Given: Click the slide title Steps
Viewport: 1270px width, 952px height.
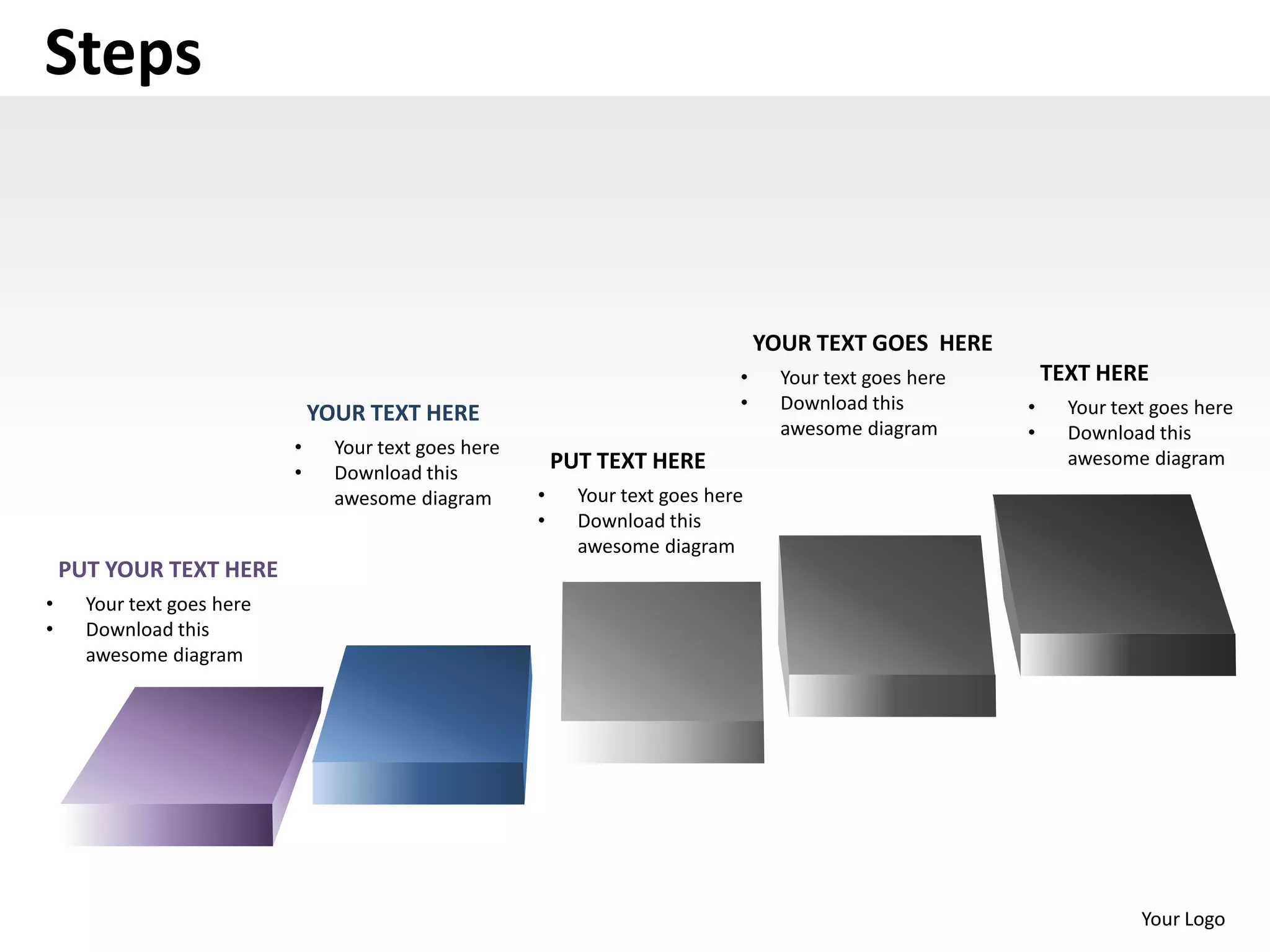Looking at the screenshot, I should point(123,53).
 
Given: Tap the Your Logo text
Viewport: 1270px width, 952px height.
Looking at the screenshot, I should point(1183,919).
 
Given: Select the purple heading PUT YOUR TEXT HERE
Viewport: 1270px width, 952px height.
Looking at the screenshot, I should point(167,569).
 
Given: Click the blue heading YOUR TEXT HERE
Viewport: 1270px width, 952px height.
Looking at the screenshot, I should point(393,413).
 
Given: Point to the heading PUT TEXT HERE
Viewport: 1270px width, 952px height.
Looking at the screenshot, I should point(628,461).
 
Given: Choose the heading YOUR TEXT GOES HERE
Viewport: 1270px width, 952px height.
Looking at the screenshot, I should point(872,343).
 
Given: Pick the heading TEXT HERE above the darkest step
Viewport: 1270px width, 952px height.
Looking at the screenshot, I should point(1094,373).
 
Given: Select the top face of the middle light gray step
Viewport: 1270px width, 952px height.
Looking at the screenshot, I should point(662,651).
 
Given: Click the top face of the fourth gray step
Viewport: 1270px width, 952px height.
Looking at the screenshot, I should point(886,604).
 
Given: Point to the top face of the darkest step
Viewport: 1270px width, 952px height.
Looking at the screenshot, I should point(1110,564).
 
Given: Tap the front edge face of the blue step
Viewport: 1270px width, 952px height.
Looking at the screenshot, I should point(419,783).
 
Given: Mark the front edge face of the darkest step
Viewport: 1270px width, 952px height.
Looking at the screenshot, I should point(1127,654).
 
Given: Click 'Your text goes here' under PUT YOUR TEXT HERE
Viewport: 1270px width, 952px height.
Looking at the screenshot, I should point(168,604).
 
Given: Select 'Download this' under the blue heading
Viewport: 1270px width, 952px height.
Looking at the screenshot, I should point(396,473).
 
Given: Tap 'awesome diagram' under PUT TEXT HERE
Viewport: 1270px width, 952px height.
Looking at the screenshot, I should point(655,546).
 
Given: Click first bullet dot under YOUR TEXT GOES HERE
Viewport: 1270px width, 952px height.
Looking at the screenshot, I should point(744,377).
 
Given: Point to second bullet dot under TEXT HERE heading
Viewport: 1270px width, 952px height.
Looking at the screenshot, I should point(1031,433).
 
